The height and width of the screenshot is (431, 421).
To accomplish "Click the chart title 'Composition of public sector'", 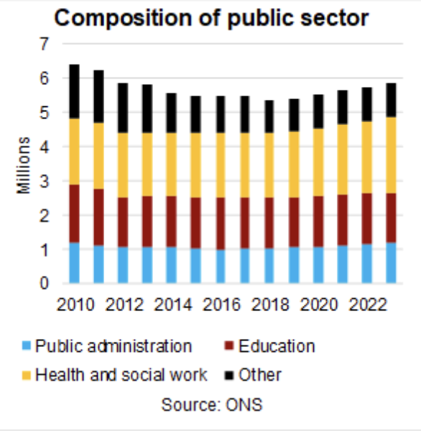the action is coord(211,18).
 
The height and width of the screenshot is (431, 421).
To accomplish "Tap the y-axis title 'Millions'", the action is coord(24,165).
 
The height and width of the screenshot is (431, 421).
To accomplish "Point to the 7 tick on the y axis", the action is coord(44,44).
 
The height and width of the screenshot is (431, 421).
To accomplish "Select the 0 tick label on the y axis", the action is coord(44,283).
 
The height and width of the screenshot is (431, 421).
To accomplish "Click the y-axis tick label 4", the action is coord(44,147).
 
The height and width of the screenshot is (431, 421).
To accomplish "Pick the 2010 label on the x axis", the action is coord(75,305).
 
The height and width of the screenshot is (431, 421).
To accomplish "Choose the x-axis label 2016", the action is coord(221,305).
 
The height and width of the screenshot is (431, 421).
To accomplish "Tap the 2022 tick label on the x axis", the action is coord(368,305).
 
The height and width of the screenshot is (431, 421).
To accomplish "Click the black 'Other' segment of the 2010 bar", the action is coord(74,92).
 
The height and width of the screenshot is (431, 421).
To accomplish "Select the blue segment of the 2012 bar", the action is coord(123,265).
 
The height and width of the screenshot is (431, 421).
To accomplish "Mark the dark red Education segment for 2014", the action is coord(172,221).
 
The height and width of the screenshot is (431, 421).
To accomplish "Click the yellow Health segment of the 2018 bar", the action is coord(269,165).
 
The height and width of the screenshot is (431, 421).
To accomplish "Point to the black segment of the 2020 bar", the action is coord(318,111).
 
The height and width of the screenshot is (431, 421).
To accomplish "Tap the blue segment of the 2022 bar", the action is coord(367,264).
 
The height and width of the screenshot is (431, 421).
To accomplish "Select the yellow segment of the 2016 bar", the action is coord(221,165).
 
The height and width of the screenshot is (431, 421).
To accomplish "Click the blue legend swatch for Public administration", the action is coord(27,346).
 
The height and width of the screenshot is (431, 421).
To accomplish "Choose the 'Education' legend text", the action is coord(277,346).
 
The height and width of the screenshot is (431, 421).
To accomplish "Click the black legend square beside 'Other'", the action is coord(229,375).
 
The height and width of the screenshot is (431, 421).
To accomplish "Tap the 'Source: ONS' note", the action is coord(212,404).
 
